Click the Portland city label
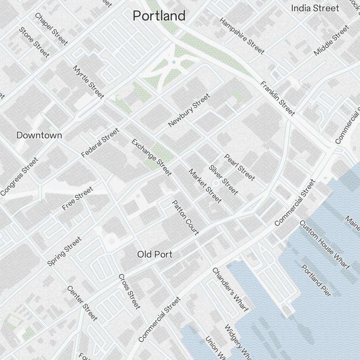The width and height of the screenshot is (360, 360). click(159, 16)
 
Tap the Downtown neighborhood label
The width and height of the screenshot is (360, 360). click(39, 135)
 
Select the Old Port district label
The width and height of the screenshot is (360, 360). click(155, 255)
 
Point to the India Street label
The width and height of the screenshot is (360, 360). click(315, 8)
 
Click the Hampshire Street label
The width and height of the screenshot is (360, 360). click(242, 36)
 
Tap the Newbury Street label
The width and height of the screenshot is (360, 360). click(189, 110)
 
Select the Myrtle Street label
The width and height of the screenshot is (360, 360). click(89, 82)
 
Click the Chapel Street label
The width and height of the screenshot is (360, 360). click(51, 29)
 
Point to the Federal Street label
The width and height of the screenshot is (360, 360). click(100, 143)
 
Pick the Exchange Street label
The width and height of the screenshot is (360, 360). click(151, 157)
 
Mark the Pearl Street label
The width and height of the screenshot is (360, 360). click(239, 167)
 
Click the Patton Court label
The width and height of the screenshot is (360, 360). click(185, 217)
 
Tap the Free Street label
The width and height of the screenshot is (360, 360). click(77, 198)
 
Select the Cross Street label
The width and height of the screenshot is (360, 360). click(129, 291)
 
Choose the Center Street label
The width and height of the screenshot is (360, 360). click(82, 303)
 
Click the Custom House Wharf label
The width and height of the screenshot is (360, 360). click(324, 245)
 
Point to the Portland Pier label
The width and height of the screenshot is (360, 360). click(316, 281)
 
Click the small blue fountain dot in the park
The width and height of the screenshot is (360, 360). click(174, 62)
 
